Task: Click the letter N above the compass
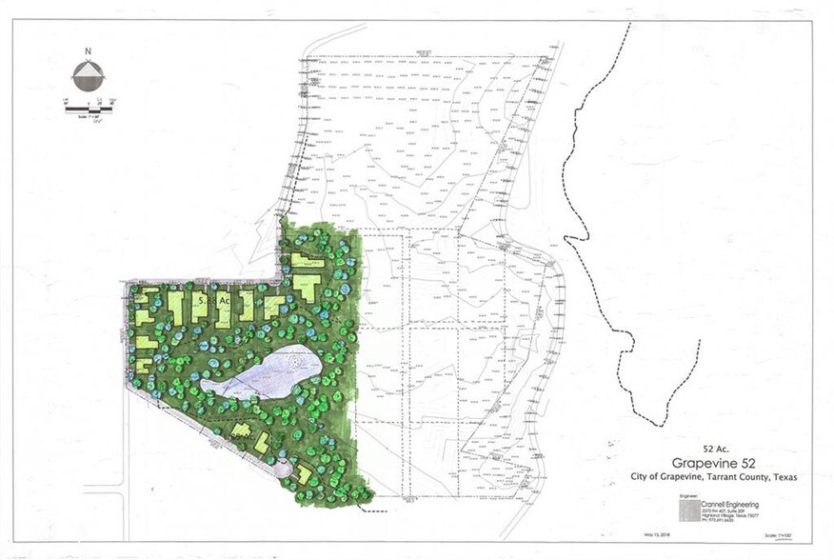(88, 53)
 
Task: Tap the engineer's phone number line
(720, 522)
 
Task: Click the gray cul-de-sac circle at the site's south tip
(283, 468)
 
